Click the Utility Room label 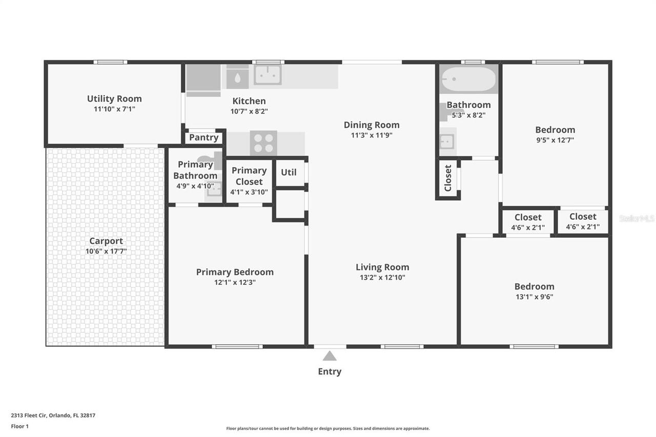[114, 99]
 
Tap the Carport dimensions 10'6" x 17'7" [106, 252]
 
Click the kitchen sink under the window [268, 75]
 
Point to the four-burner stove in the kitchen [263, 142]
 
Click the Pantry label [203, 137]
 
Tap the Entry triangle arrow [330, 356]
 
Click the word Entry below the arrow [330, 371]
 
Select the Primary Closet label [249, 176]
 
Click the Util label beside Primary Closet [289, 173]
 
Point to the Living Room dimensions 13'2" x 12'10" [382, 278]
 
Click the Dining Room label [371, 124]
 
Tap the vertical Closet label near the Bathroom [448, 178]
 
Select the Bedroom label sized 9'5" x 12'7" [555, 130]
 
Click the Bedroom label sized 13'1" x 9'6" [534, 286]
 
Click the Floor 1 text [20, 426]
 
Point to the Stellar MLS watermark [637, 219]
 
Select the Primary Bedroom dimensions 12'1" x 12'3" [235, 282]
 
